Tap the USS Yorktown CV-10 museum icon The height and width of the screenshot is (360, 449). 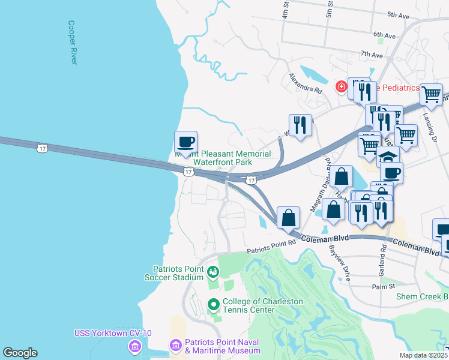pyautogui.click(x=134, y=346)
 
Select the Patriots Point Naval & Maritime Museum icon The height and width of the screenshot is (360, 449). pyautogui.click(x=175, y=346)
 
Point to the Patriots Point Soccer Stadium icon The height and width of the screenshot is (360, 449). pyautogui.click(x=212, y=274)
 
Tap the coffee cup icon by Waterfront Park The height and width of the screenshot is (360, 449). pyautogui.click(x=185, y=142)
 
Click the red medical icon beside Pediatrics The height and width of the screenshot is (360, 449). pyautogui.click(x=342, y=88)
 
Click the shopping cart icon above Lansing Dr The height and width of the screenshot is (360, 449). pyautogui.click(x=431, y=94)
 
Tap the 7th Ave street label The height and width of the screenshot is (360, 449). pyautogui.click(x=372, y=55)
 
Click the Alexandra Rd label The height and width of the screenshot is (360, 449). pyautogui.click(x=305, y=83)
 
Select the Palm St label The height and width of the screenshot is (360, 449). pyautogui.click(x=383, y=286)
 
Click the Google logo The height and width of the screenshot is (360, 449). pyautogui.click(x=20, y=353)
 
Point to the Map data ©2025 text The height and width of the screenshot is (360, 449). pyautogui.click(x=423, y=355)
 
